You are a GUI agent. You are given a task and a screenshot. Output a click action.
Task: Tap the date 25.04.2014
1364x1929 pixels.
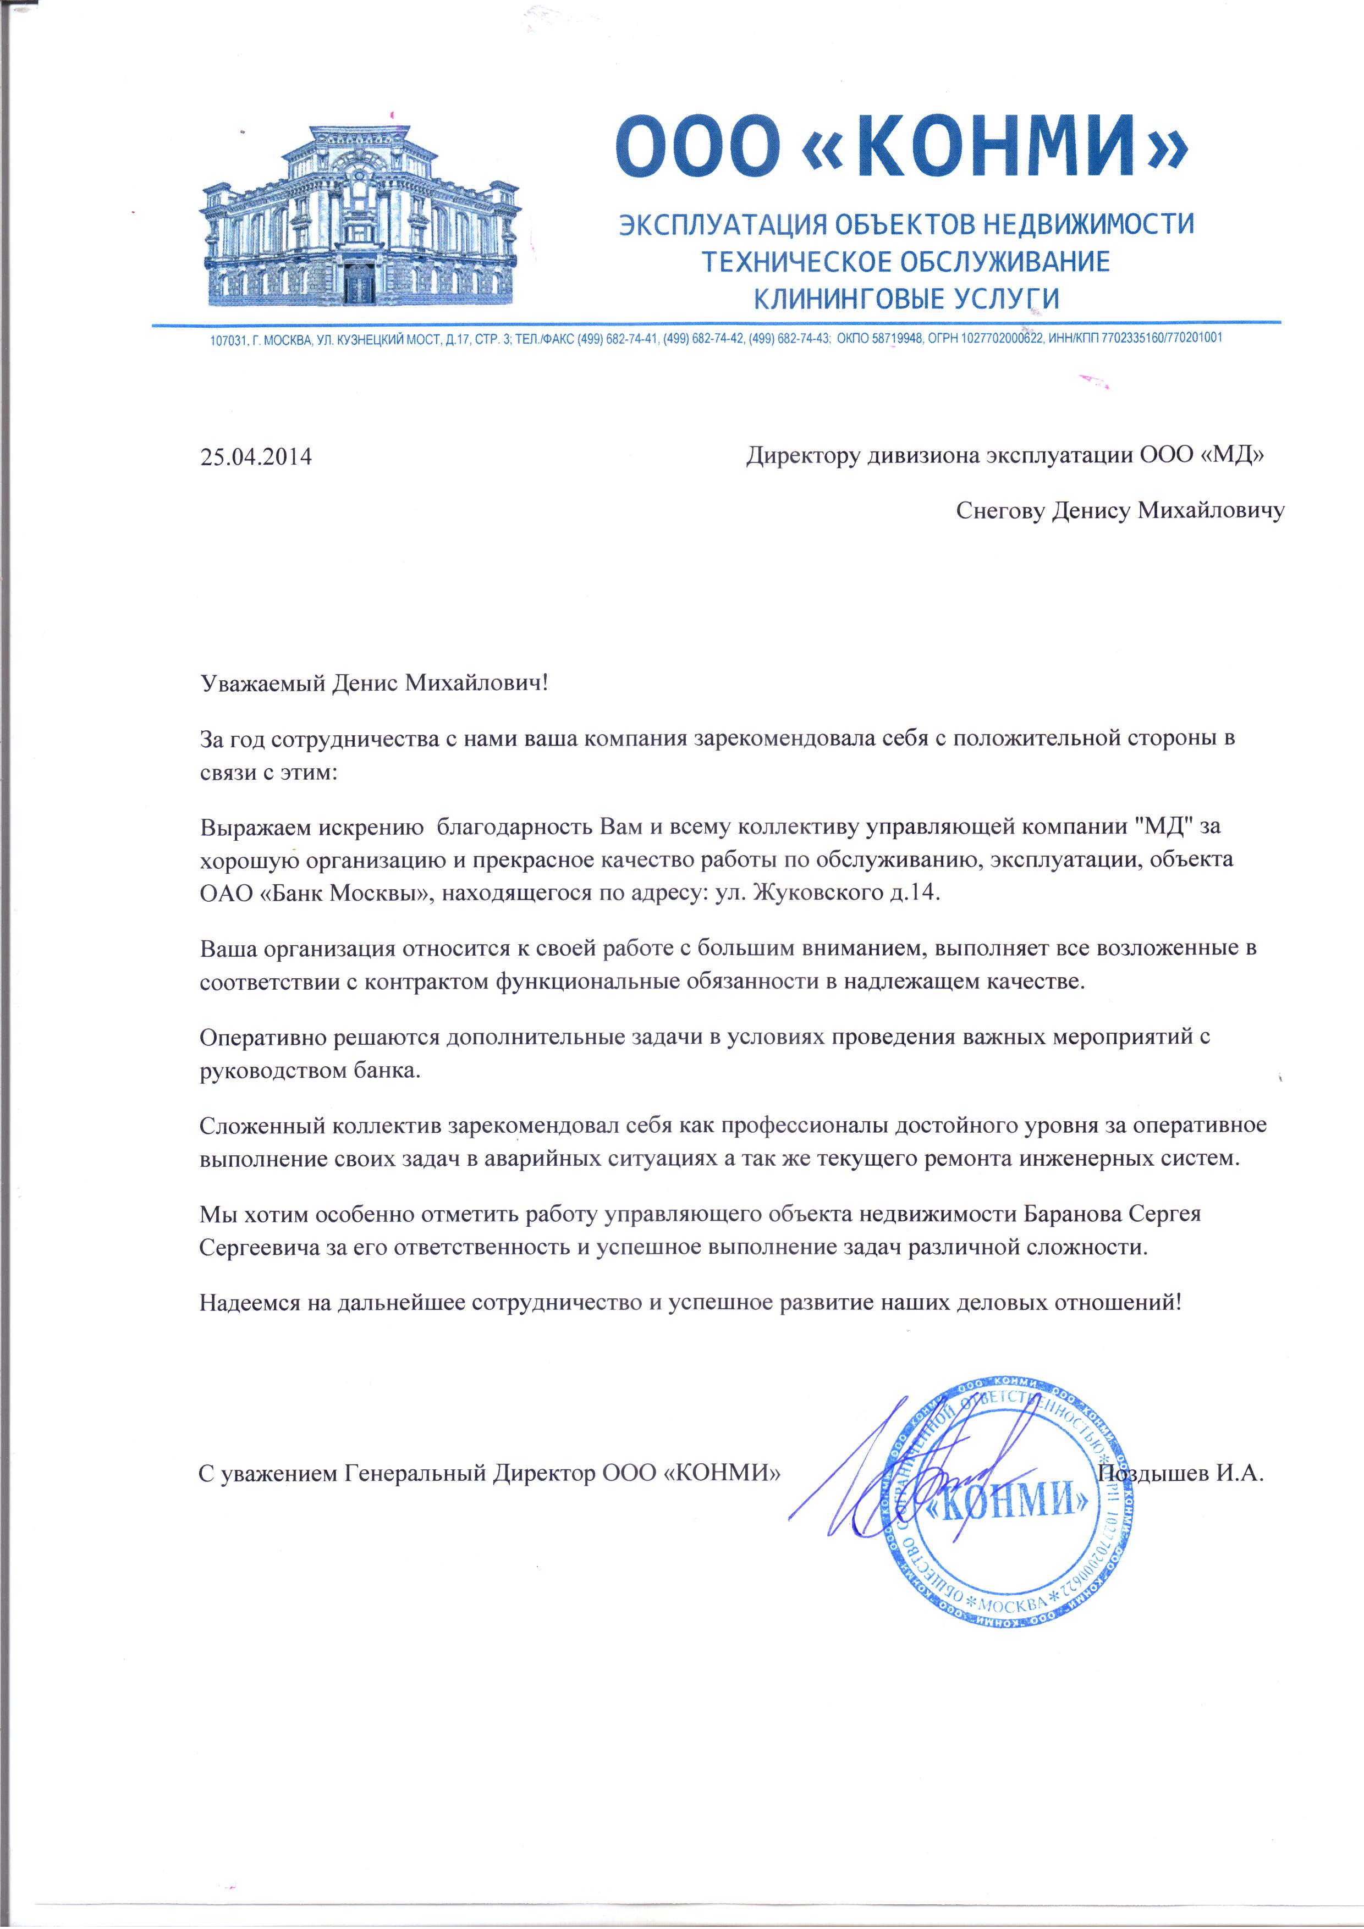click(x=256, y=458)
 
